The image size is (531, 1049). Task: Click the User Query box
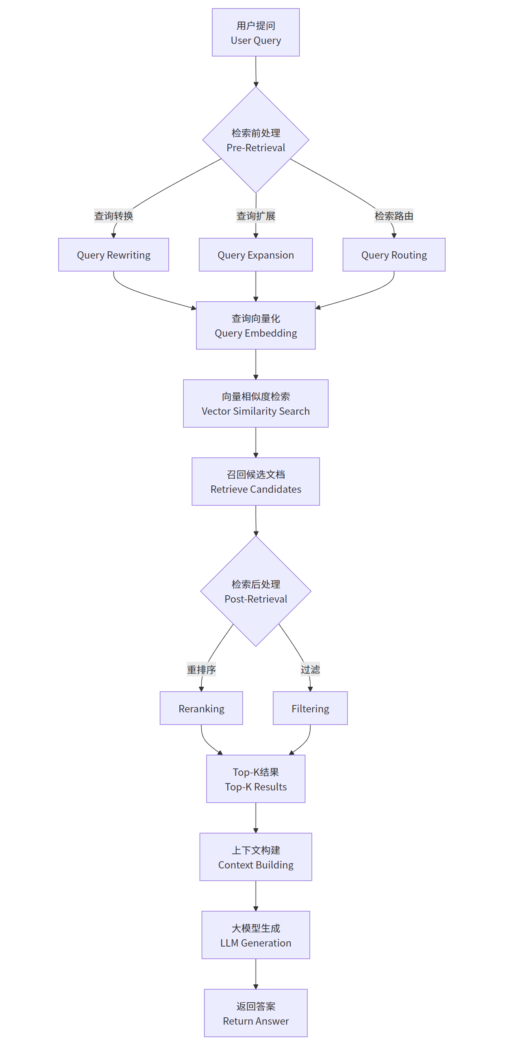coord(256,33)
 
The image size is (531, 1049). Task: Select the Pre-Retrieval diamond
coord(256,140)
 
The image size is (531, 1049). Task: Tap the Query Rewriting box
coord(113,255)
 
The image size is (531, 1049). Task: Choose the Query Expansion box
coord(256,255)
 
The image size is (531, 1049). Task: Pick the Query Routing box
coord(394,255)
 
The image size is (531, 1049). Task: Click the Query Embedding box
coord(256,325)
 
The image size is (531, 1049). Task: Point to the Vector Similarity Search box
coord(256,404)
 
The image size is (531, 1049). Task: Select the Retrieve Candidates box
coord(256,482)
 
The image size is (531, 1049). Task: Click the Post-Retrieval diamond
coord(256,591)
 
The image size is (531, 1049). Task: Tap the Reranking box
coord(201,708)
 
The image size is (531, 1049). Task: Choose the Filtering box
coord(310,708)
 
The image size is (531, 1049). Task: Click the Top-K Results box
coord(256,779)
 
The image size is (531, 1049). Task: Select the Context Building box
coord(256,857)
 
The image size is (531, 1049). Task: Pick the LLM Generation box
coord(256,936)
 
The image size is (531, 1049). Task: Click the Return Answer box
coord(256,1013)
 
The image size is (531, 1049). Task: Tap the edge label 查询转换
coord(113,216)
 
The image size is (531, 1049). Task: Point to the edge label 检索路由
coord(394,216)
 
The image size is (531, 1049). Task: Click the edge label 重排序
coord(201,670)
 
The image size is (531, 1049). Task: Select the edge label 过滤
coord(310,670)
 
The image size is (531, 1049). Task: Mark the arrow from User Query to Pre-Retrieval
coord(256,71)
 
